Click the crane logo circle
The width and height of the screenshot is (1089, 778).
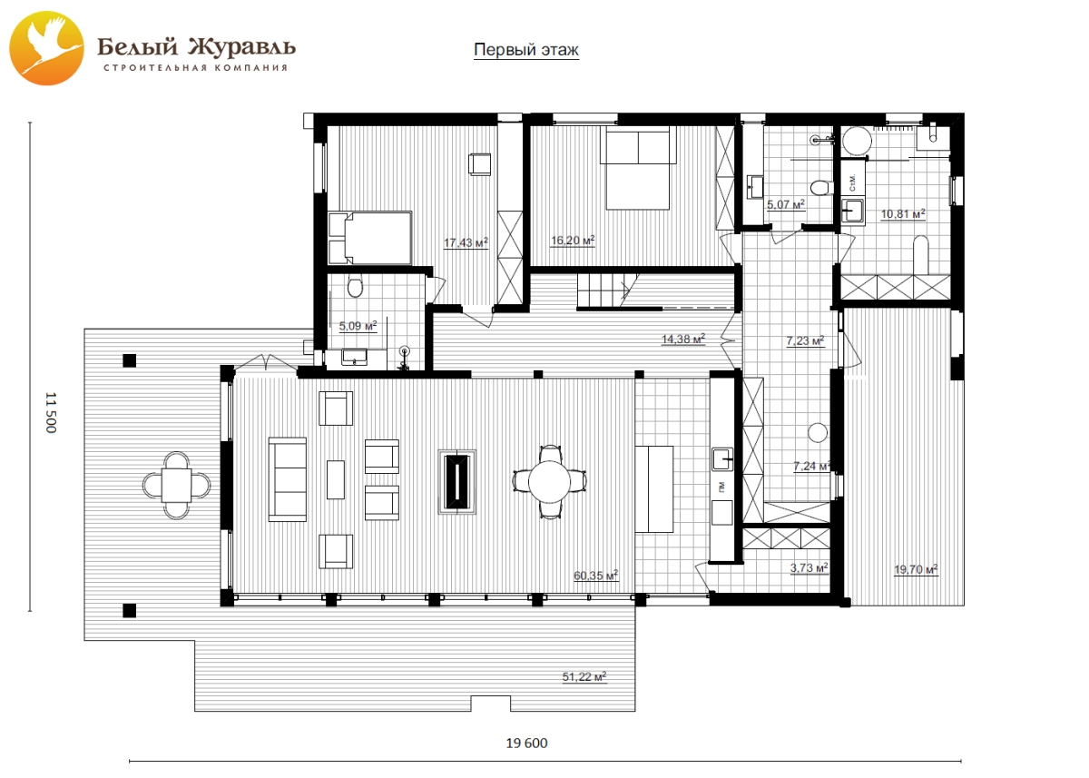[x=46, y=48]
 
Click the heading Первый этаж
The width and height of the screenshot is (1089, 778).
[x=526, y=50]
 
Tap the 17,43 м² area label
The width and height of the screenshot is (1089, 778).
[x=466, y=242]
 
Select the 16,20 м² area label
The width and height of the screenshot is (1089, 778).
[x=573, y=241]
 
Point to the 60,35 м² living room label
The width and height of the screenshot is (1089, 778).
[x=595, y=576]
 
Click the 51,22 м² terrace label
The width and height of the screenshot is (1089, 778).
[x=584, y=676]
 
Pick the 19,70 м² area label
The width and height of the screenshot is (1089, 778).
[x=916, y=569]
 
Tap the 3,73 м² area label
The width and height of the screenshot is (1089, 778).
[x=809, y=567]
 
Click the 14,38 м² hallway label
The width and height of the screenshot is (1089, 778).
[x=683, y=339]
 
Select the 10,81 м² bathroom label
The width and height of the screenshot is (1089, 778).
[x=903, y=213]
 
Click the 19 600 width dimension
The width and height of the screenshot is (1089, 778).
[x=526, y=743]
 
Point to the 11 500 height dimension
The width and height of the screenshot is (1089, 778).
[x=51, y=412]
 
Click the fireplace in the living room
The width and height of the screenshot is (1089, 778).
[x=457, y=481]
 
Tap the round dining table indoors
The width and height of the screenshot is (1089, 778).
[x=549, y=481]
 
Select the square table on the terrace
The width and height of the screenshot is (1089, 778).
[x=176, y=485]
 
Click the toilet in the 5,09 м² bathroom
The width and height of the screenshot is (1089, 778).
[x=356, y=286]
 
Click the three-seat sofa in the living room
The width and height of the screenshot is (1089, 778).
[x=288, y=479]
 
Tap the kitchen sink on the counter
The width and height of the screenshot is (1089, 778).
[x=722, y=459]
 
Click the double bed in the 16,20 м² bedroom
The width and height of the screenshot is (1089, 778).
[x=638, y=168]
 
